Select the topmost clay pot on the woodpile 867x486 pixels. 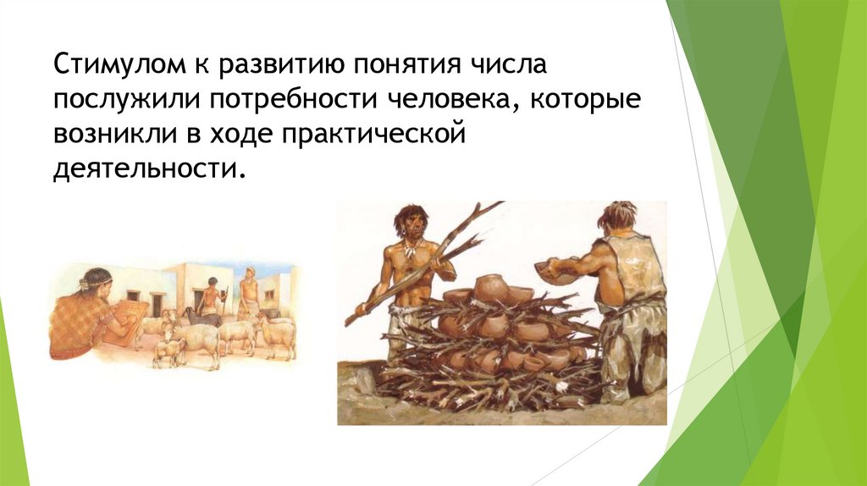coord(493,289)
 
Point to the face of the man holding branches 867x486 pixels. coord(413,224)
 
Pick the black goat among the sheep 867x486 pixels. coord(192,317)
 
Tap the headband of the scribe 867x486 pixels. coord(93,280)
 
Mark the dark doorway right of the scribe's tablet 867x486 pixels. coord(157,302)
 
